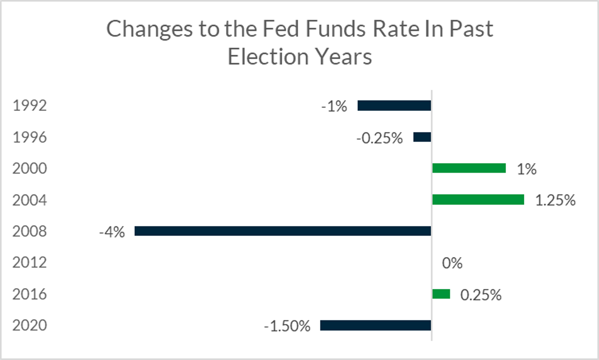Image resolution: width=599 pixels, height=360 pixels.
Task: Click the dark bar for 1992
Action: pos(394,106)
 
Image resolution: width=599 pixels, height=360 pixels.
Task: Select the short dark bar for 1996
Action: pos(422,137)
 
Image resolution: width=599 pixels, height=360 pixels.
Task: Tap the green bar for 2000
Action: pos(469,168)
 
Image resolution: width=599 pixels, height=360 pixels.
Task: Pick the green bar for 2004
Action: pos(478,200)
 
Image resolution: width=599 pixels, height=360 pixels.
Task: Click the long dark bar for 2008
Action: pos(283,231)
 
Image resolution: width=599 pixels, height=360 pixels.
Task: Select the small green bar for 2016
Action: pos(441,294)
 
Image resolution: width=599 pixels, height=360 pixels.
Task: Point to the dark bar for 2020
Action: pos(375,326)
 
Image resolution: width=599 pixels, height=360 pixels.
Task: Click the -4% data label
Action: pos(112,232)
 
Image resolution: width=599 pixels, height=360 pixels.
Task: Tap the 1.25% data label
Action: pos(555,200)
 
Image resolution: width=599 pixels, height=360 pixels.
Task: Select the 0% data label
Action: pos(452,263)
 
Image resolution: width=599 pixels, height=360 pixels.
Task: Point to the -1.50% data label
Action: pos(287,326)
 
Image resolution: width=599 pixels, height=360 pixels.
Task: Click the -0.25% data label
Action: pos(379,138)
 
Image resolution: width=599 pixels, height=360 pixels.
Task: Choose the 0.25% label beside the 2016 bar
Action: pos(481,295)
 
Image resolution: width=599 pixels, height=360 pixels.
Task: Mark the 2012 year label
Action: pos(30,263)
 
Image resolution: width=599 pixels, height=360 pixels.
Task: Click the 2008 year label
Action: pos(30,231)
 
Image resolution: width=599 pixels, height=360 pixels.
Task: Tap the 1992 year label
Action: pos(30,106)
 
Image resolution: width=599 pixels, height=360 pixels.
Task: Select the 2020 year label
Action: pos(30,326)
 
